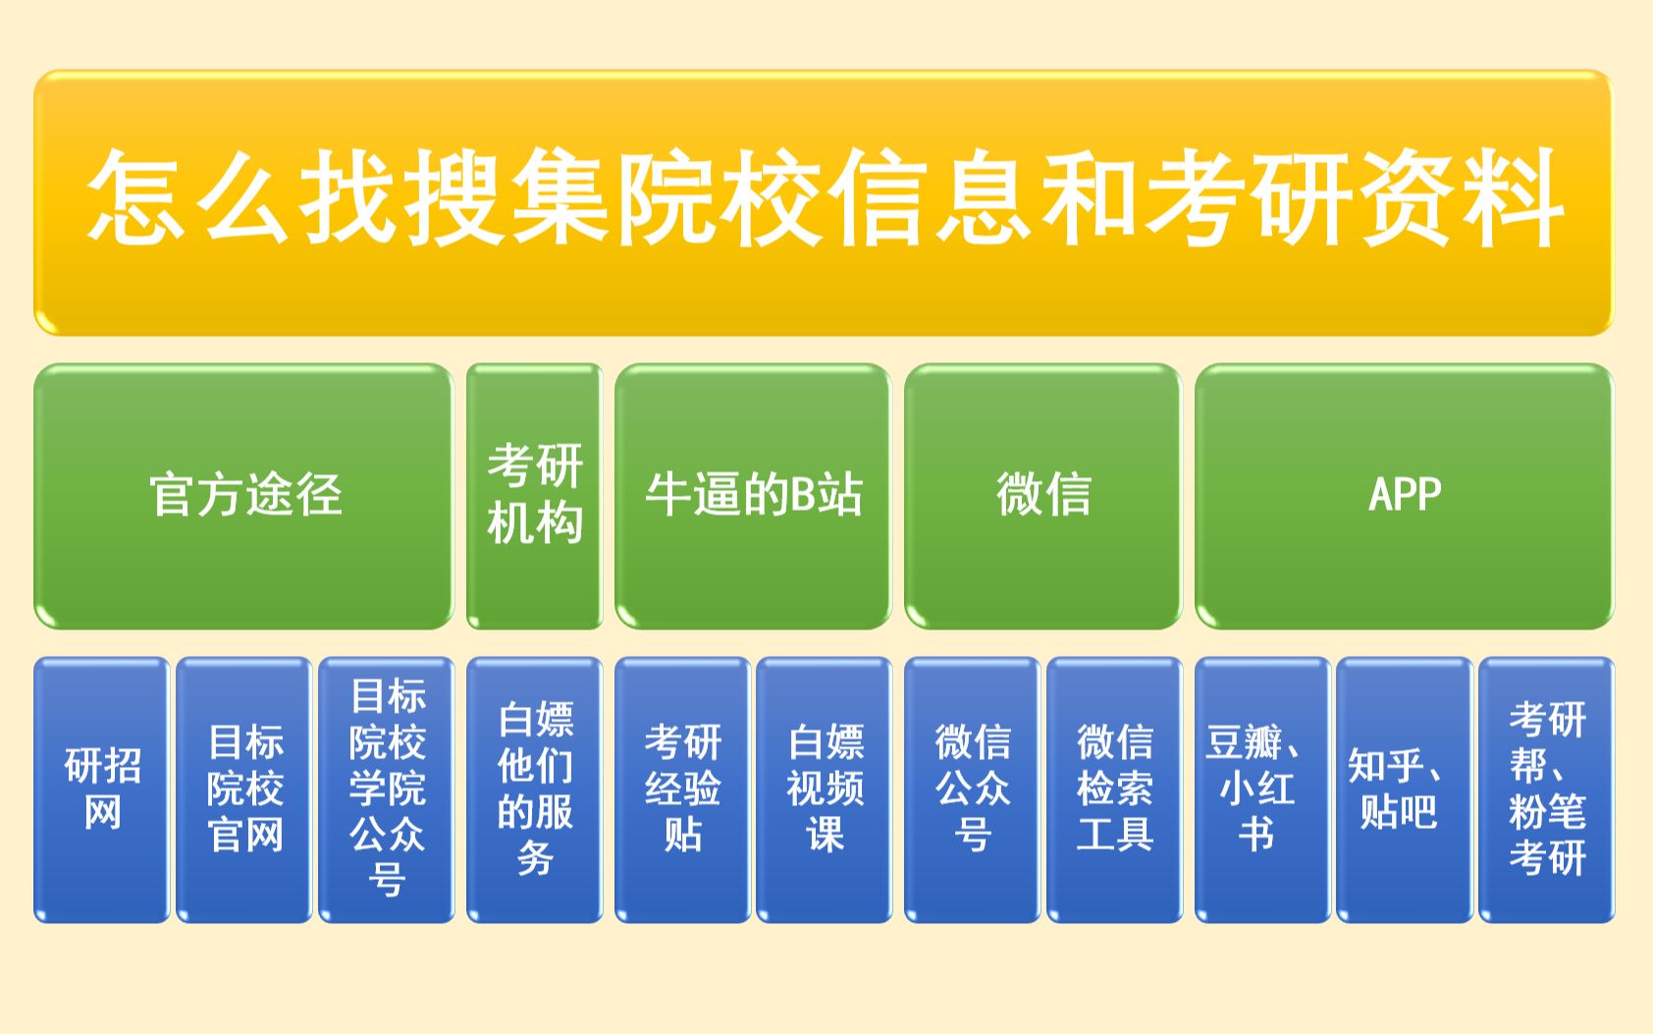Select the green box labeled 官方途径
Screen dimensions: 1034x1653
pyautogui.click(x=243, y=496)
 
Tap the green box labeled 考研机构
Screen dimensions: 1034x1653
pyautogui.click(x=534, y=496)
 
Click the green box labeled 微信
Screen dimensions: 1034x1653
pyautogui.click(x=1042, y=496)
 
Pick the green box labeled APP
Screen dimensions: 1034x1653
pyautogui.click(x=1404, y=496)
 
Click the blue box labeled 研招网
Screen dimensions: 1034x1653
pyautogui.click(x=102, y=789)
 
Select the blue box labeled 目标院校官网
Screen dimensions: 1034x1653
pyautogui.click(x=244, y=789)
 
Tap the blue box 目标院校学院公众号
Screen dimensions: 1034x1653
pyautogui.click(x=387, y=789)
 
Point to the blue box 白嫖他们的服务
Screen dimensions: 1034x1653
pyautogui.click(x=534, y=789)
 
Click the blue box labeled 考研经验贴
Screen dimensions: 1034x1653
pyautogui.click(x=682, y=789)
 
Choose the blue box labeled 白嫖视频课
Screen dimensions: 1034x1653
pyautogui.click(x=825, y=789)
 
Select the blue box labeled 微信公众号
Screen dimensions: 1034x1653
pyautogui.click(x=972, y=789)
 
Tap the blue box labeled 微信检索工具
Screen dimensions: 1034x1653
pyautogui.click(x=1114, y=789)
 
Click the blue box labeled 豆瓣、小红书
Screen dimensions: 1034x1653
pyautogui.click(x=1261, y=789)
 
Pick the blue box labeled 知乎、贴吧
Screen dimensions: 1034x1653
pyautogui.click(x=1404, y=789)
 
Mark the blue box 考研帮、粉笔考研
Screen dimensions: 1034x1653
pyautogui.click(x=1547, y=789)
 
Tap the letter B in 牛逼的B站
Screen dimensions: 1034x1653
pyautogui.click(x=804, y=494)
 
